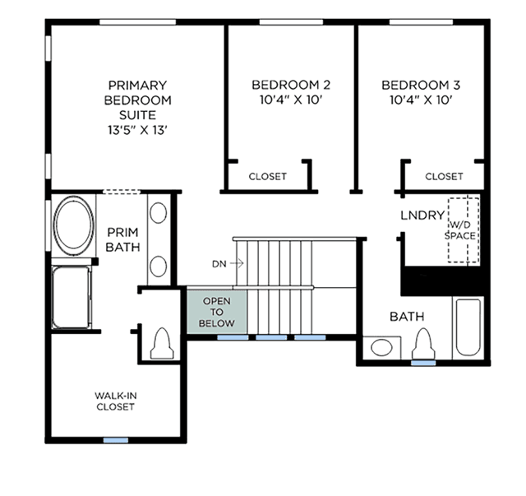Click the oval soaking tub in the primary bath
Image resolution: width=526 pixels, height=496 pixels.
[x=74, y=225]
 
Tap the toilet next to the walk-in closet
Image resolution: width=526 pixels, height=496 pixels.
[x=162, y=343]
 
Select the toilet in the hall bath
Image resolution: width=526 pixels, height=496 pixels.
[x=424, y=344]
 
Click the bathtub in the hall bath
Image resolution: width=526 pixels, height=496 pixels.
[x=468, y=327]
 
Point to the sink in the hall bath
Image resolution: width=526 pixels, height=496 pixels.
[x=381, y=347]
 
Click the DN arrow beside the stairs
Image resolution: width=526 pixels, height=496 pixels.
[x=237, y=263]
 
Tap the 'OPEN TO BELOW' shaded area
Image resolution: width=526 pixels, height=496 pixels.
[x=217, y=312]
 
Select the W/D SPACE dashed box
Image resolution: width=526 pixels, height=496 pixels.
[x=464, y=230]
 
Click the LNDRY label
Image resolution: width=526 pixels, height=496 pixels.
[x=422, y=216]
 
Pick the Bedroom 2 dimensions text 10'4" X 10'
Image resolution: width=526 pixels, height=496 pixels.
[x=291, y=100]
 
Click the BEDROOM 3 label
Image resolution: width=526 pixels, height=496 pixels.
[x=421, y=85]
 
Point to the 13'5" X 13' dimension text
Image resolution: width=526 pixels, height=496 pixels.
[x=137, y=130]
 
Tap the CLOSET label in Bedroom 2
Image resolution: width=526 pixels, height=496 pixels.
[x=267, y=176]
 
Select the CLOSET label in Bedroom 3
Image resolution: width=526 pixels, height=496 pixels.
[x=444, y=176]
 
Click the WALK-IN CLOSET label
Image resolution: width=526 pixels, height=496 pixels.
[x=115, y=401]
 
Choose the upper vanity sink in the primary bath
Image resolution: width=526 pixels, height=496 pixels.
[x=158, y=212]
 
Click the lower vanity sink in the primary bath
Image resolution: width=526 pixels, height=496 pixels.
[x=158, y=267]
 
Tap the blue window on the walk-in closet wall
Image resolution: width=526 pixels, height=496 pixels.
[x=116, y=440]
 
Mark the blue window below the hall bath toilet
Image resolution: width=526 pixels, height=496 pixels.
[x=423, y=363]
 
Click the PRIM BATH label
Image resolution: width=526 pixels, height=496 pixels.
[x=122, y=239]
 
